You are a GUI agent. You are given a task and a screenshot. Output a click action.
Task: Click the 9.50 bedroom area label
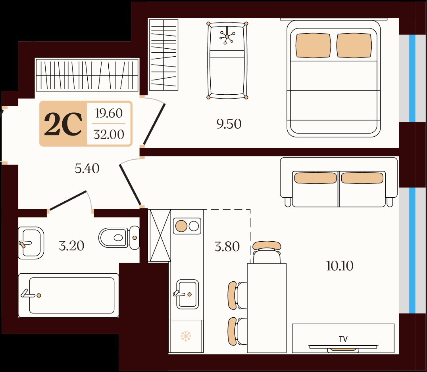coord(229,124)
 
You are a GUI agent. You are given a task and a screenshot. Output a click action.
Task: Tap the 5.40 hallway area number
coord(87,169)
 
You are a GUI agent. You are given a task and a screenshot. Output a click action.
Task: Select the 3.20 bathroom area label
coord(71,246)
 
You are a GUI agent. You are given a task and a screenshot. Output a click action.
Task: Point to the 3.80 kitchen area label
coord(227,247)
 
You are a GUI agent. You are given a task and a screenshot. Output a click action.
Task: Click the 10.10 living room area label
coord(340,266)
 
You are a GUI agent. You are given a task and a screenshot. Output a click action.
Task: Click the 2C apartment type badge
coord(63,124)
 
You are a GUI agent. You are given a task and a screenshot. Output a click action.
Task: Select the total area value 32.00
coord(109,134)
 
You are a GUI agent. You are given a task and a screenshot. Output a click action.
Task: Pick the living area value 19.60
coord(109,113)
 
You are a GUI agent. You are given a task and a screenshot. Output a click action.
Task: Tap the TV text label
coord(343,339)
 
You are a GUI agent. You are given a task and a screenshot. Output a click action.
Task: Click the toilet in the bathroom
coord(119,237)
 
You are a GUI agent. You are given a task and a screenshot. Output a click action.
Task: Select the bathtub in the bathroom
coord(69,295)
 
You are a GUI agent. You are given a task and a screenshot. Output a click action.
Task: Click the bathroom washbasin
coord(31,243)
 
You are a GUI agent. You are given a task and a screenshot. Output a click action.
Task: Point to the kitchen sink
coord(187,294)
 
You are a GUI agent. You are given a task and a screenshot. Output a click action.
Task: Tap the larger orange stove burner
coord(181,226)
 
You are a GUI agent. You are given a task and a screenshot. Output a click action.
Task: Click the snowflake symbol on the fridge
coord(186,336)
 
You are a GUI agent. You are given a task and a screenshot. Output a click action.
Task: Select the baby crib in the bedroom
coord(227,60)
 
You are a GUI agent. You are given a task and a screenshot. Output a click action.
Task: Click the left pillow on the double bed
coord(313,46)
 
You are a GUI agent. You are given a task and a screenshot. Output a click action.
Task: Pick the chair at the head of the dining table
coord(267,252)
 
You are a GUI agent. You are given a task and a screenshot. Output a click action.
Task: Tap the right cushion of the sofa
coord(362,178)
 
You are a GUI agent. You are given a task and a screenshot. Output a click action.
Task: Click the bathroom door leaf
coord(68,200)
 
